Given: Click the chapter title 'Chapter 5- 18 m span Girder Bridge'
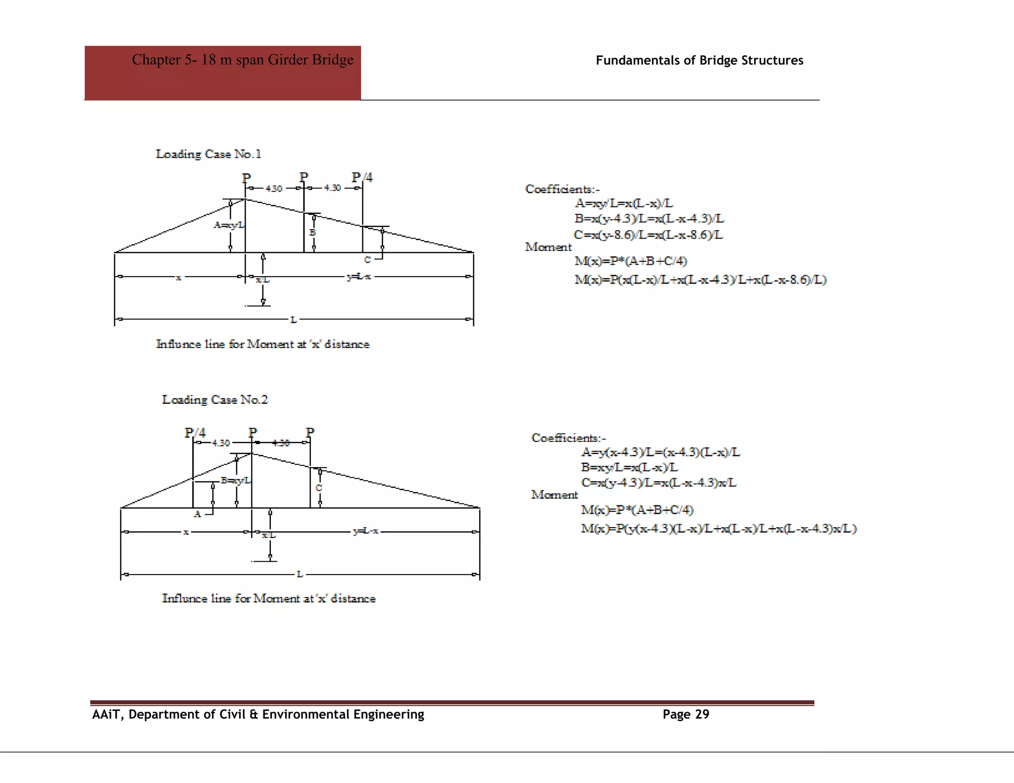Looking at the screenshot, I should (242, 60).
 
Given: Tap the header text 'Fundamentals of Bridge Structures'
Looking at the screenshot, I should (699, 60).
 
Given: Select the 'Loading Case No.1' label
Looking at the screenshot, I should (208, 154).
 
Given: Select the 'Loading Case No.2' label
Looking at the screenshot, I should (215, 399).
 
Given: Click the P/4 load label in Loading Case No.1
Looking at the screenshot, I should (362, 177).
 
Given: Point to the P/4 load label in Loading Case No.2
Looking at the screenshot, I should (195, 433).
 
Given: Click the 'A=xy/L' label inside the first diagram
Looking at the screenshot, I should (228, 225).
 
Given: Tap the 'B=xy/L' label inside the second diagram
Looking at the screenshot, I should (236, 480).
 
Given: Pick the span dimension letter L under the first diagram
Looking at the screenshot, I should (294, 320).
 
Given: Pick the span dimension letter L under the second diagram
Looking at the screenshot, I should (300, 574).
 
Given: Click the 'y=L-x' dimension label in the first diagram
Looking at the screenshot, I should (359, 277).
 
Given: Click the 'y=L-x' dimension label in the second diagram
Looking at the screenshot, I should (365, 532).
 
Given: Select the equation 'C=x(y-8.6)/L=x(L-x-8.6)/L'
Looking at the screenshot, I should (648, 235).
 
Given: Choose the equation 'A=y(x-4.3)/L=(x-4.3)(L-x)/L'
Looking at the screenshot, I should (660, 452).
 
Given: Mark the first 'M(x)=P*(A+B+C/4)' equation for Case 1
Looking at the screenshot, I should (631, 261).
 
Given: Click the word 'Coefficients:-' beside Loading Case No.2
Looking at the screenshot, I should (568, 438).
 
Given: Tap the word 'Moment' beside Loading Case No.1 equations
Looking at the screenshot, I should (548, 247).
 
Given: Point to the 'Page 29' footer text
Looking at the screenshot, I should (686, 714).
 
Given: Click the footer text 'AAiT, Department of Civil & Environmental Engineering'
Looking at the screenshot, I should (258, 714).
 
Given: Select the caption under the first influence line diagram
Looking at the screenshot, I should (262, 344).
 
